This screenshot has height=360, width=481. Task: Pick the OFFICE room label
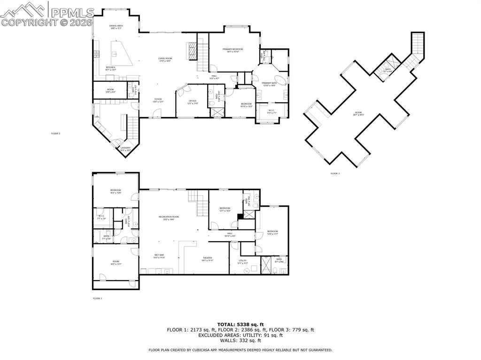point(192,101)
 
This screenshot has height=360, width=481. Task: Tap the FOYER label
point(158,100)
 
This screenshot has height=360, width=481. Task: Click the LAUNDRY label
point(125,149)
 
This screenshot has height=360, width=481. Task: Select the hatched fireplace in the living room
point(191,51)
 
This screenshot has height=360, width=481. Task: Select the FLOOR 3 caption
point(335,174)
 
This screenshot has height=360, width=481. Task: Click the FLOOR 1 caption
point(97,298)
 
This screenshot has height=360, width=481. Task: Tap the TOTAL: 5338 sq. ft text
point(240,324)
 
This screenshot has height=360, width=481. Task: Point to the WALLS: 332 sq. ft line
point(240,341)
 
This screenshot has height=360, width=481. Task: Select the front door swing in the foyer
point(157,113)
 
